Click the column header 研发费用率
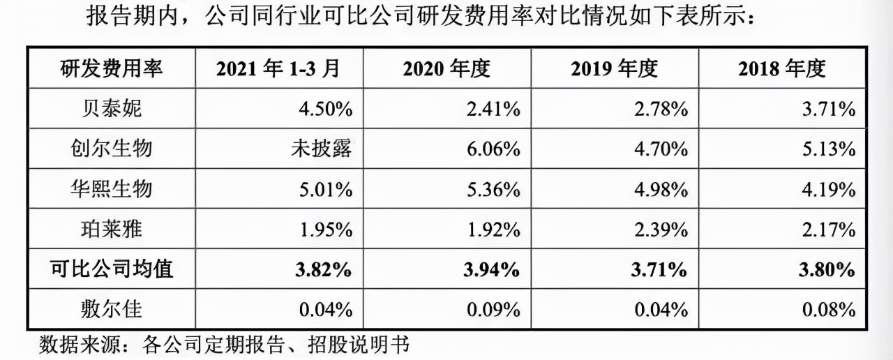tap(111, 68)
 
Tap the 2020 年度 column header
tap(446, 68)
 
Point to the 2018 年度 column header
tap(782, 68)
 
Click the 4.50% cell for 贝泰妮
tap(326, 109)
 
